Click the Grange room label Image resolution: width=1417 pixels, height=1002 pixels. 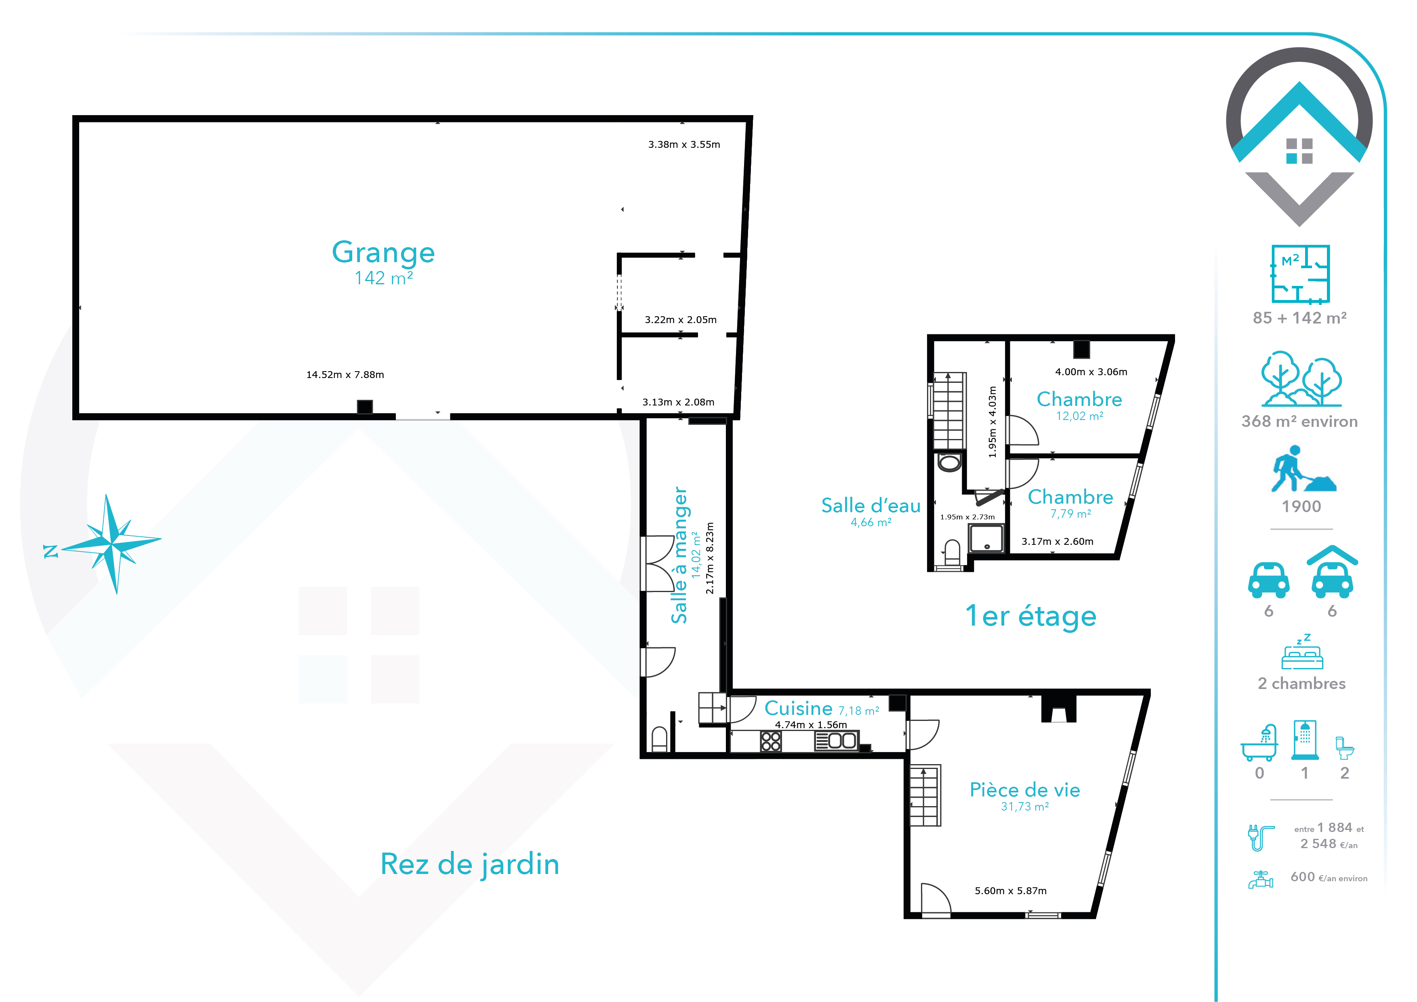pyautogui.click(x=383, y=253)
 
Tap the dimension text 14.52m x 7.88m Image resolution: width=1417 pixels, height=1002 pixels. pyautogui.click(x=345, y=374)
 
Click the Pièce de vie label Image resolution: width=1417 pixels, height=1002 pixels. pyautogui.click(x=1024, y=790)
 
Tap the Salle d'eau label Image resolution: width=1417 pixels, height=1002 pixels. pyautogui.click(x=871, y=505)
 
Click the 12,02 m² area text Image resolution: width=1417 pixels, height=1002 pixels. pyautogui.click(x=1079, y=416)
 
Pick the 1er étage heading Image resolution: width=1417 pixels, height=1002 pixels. pyautogui.click(x=1031, y=616)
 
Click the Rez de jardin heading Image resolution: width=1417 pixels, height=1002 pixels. pyautogui.click(x=470, y=864)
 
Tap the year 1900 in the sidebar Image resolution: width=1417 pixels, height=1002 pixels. pyautogui.click(x=1301, y=506)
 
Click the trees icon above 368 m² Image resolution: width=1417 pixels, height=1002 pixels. pyautogui.click(x=1301, y=378)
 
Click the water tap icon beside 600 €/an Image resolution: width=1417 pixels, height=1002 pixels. pyautogui.click(x=1260, y=879)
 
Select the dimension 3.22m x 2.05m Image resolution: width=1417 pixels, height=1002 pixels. pyautogui.click(x=681, y=319)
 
